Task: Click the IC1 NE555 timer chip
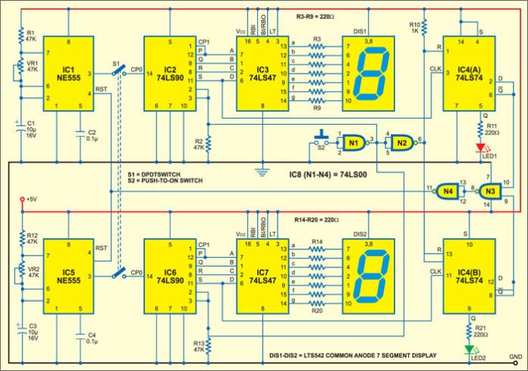point(68,74)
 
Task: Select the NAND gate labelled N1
point(351,141)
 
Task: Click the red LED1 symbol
point(480,148)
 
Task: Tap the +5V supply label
point(31,199)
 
